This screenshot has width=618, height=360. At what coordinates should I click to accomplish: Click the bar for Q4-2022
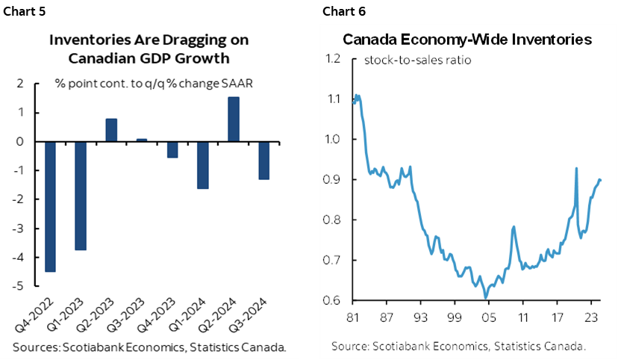point(50,206)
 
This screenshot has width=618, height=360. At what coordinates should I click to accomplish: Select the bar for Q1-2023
point(81,196)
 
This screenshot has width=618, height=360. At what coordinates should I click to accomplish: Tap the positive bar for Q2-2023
point(110,130)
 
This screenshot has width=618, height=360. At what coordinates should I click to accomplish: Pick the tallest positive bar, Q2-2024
point(233,119)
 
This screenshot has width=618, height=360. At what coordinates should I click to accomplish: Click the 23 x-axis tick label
point(589,315)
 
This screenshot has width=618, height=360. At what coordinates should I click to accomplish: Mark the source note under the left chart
point(149,347)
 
